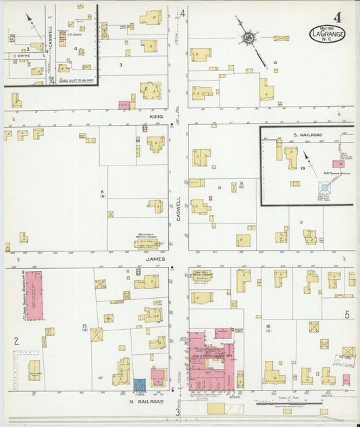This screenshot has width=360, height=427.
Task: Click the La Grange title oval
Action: (x=328, y=33)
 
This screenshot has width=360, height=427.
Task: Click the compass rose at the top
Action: (x=249, y=39)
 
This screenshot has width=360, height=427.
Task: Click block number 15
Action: (x=85, y=328)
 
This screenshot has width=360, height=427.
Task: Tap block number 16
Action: (x=268, y=327)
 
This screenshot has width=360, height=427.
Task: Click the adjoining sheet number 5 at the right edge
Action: (x=346, y=315)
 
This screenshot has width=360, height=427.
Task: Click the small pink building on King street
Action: (x=124, y=105)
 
